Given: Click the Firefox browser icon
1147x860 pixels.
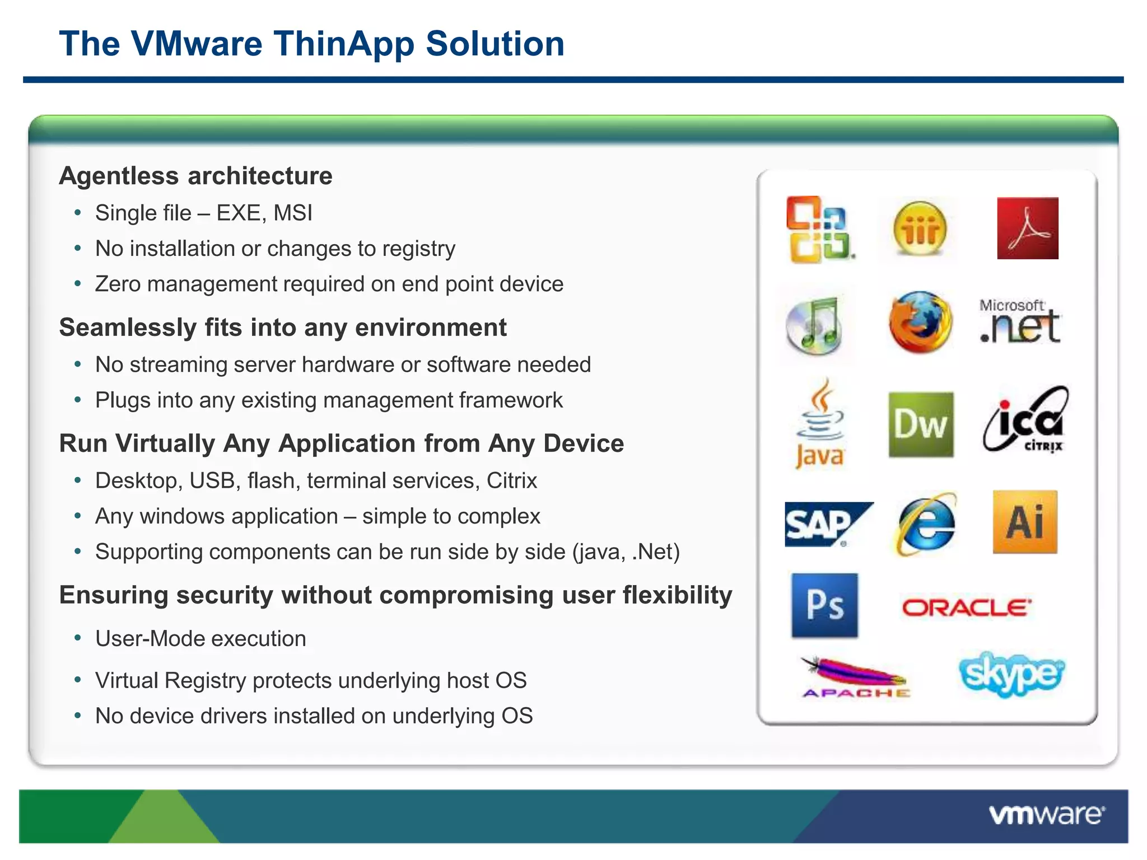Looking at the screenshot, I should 920,322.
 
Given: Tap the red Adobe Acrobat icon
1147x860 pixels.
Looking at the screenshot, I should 1027,228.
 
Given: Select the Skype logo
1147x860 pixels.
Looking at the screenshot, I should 1011,674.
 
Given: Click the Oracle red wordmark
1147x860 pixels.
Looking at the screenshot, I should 967,607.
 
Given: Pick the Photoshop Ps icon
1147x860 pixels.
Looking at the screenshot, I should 824,605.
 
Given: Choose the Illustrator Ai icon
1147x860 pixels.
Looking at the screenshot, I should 1025,522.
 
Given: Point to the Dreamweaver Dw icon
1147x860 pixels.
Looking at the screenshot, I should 921,424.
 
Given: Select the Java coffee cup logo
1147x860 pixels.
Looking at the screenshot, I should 820,424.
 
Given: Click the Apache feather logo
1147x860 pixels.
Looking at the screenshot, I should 855,677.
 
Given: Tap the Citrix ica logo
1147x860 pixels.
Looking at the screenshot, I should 1025,420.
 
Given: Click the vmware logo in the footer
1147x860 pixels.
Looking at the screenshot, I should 1046,815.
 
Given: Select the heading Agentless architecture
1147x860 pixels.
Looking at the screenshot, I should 196,176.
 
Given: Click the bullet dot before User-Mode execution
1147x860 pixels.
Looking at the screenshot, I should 78,638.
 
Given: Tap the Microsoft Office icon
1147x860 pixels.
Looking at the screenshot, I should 819,230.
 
